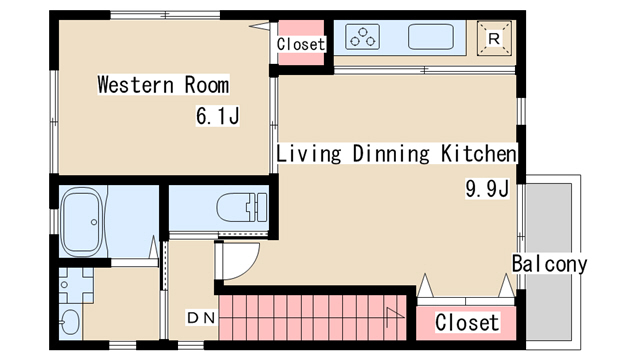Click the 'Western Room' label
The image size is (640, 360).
coord(163,84)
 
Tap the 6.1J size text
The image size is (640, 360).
coord(217,116)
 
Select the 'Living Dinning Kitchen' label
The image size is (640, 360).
coord(396,153)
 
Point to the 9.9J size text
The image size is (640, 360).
coord(487,189)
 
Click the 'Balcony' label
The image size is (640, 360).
coord(549,263)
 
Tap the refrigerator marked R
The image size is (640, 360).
coord(494,39)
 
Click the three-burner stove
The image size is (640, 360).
coord(362,37)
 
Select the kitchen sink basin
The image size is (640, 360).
coord(431,37)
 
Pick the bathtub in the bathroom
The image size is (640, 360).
coord(82,222)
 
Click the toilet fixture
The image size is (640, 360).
coord(242,207)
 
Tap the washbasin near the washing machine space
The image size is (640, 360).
coord(70,322)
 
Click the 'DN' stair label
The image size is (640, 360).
coord(201,318)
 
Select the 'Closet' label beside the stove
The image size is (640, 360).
coord(300,44)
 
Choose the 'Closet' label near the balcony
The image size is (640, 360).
coord(467,322)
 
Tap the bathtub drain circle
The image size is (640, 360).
coord(94,222)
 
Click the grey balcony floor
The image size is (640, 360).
coord(548,261)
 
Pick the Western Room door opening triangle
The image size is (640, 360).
coord(260,26)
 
